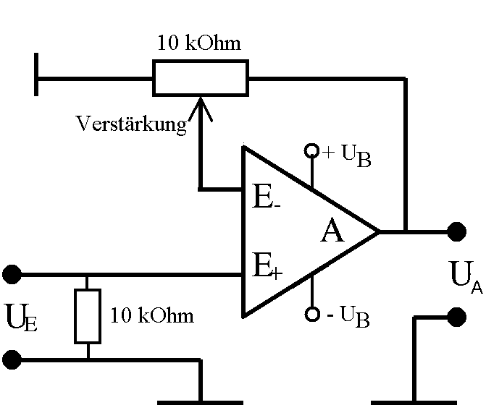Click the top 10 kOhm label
pos(198,43)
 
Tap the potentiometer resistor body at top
pos(201,77)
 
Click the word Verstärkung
pos(131,124)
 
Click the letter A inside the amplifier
pos(332,232)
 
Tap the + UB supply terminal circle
pos(311,150)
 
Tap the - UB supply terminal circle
pos(311,315)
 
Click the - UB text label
pos(346,317)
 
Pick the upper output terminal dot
pos(456,231)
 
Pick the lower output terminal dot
pos(456,316)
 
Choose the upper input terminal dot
pos(12,274)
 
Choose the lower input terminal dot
pos(12,359)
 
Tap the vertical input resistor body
pos(87,316)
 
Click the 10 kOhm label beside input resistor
pos(152,316)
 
